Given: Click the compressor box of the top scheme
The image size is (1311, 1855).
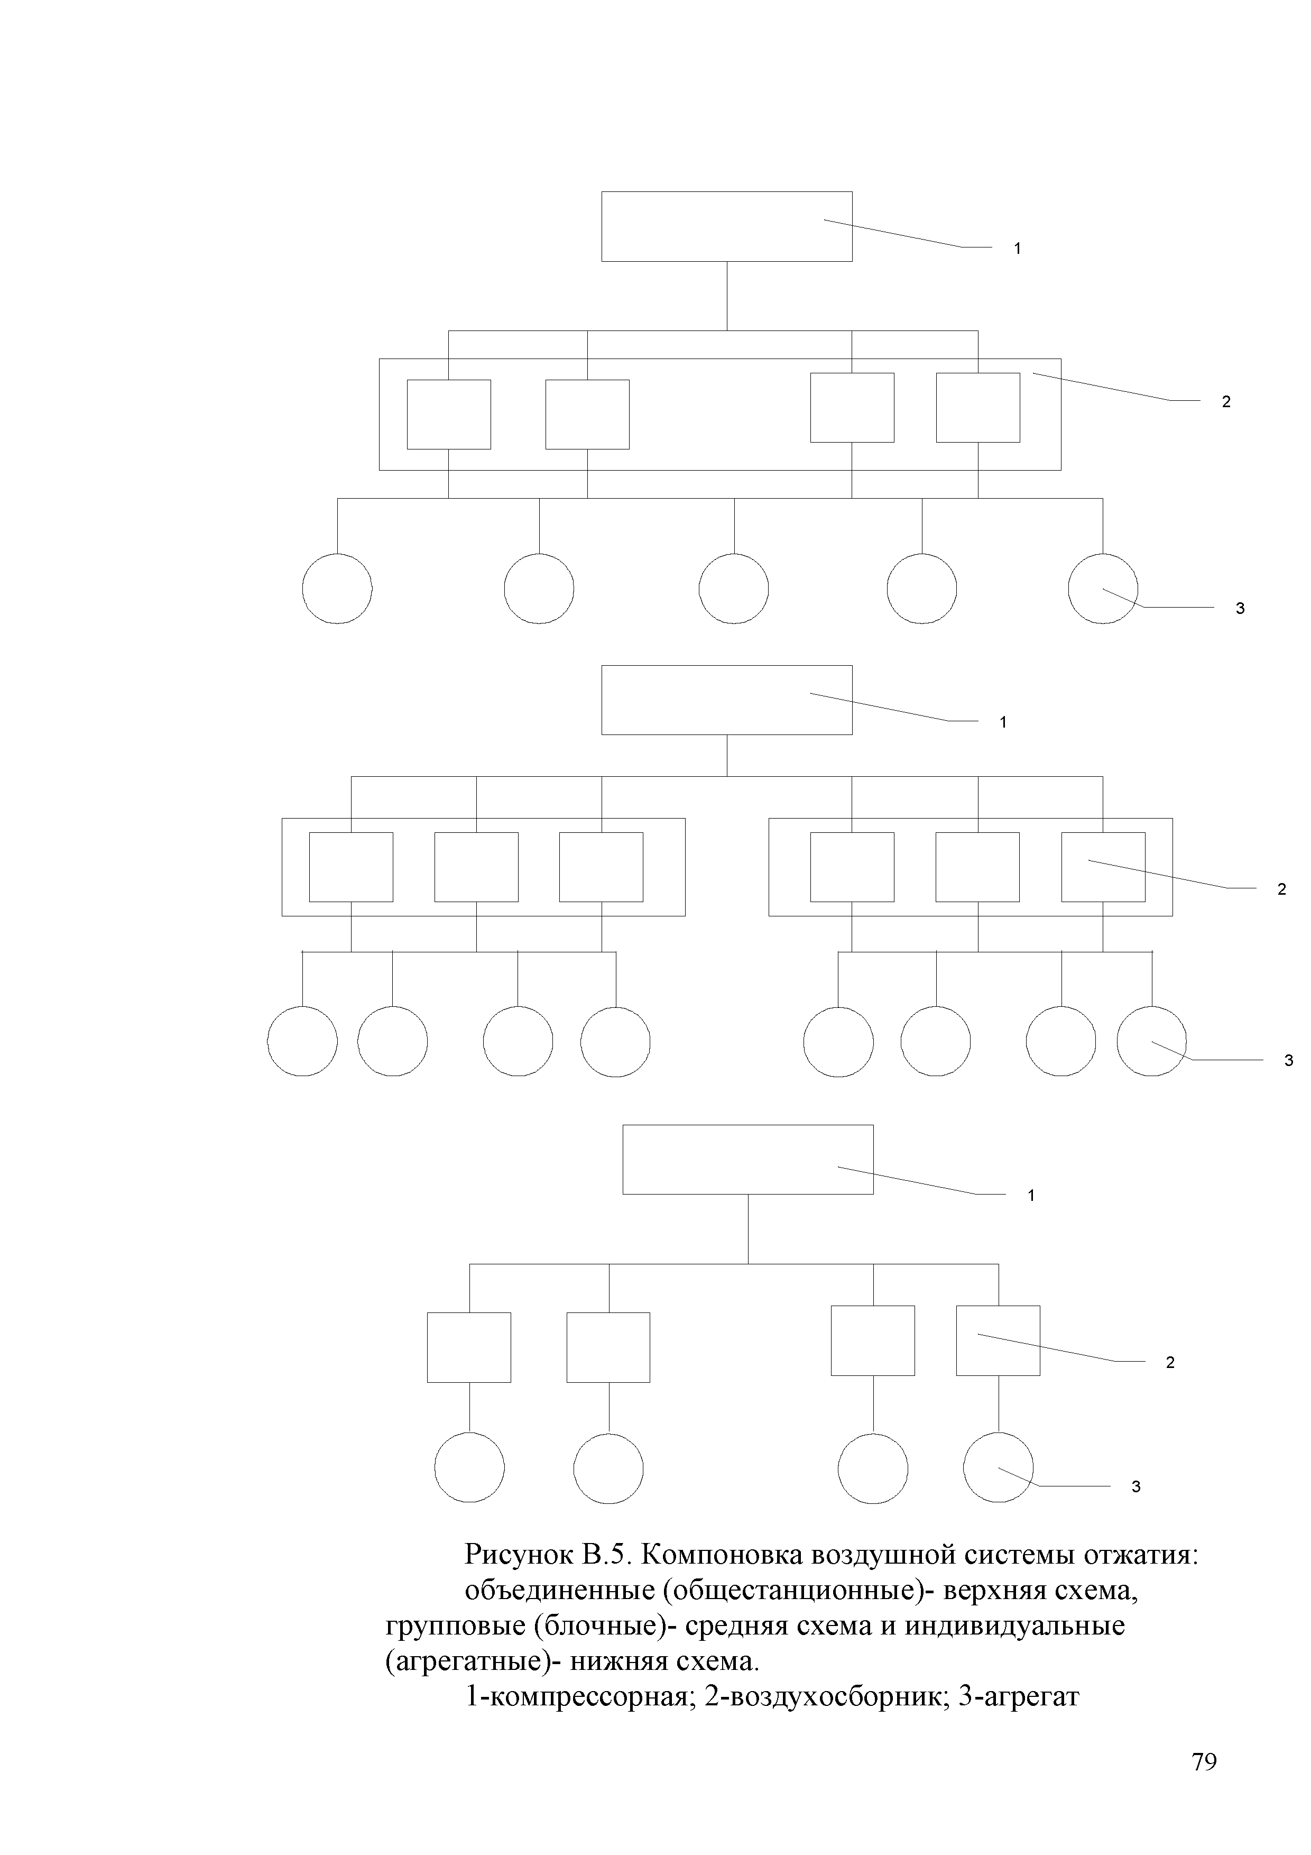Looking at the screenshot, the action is pos(726,226).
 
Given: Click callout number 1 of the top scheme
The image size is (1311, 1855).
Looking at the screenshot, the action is pos(1018,249).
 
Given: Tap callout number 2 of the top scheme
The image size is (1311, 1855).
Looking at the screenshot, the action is pos(1226,401).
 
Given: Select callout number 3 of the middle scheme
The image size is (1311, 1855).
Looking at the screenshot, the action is pos(1289,1060).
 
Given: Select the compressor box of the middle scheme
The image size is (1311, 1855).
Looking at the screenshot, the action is pos(726,700).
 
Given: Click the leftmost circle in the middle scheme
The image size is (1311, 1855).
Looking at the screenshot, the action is pos(302,1041).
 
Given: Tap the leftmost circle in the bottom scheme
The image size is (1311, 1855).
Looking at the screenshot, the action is pos(469,1468).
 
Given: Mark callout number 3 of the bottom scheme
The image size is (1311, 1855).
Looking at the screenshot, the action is pos(1135,1486).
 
